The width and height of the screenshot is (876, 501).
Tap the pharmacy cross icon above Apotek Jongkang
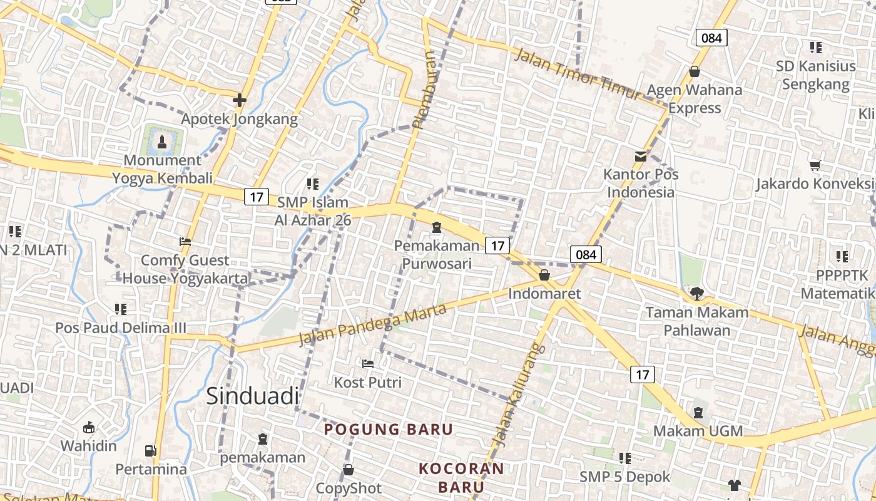point(239,100)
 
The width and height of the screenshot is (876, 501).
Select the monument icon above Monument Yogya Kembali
point(162,140)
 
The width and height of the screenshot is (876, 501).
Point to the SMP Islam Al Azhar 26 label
point(313,211)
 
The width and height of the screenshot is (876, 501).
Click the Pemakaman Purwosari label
point(436,254)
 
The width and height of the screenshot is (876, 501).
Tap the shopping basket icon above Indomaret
point(544,275)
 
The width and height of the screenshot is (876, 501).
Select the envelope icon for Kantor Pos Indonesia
point(641,157)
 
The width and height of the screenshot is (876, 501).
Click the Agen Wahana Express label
point(694,99)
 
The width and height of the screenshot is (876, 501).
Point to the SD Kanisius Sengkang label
point(816,75)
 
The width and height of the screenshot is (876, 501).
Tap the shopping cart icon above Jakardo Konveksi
point(815,166)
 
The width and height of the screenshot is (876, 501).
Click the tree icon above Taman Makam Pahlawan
point(696,293)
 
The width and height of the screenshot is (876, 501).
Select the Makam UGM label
point(698,431)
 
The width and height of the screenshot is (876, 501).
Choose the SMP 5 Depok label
point(624,477)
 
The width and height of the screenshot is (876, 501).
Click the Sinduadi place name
point(253,396)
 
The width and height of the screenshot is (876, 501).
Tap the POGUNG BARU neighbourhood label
point(388,430)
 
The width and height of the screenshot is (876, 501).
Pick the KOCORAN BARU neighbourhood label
point(461,477)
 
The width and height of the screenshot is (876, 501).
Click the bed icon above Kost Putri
point(368,363)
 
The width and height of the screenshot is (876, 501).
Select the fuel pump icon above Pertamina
point(151,450)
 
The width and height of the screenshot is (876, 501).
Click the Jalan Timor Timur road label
point(577,74)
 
